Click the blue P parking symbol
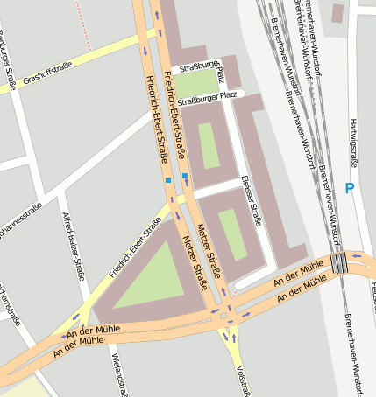(350, 188)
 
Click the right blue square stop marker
(185, 177)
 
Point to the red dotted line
(82, 22)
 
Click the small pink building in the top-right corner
(337, 13)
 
